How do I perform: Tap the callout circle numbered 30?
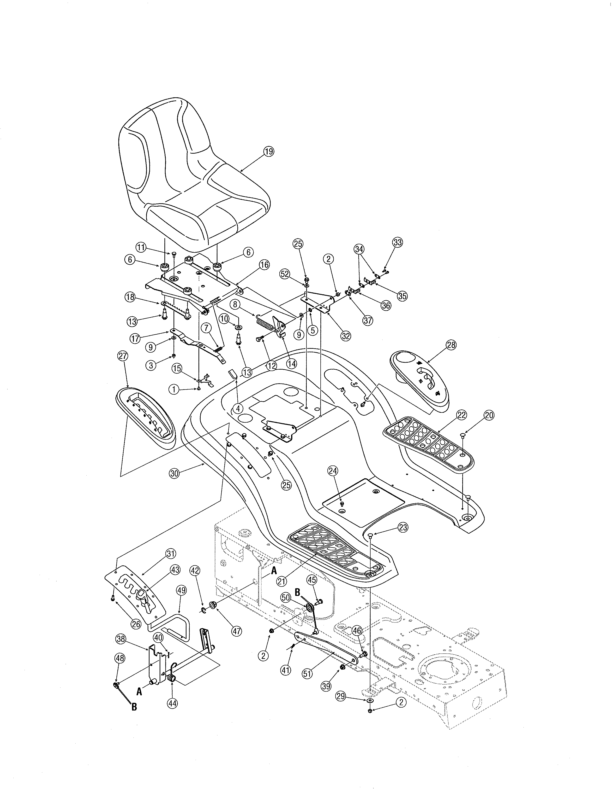click(175, 474)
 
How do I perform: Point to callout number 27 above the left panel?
click(123, 356)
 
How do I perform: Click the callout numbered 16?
click(264, 265)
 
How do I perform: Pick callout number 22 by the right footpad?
click(461, 415)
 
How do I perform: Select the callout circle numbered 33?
click(397, 242)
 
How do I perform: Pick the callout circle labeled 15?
click(177, 368)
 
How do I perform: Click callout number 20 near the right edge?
click(489, 415)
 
